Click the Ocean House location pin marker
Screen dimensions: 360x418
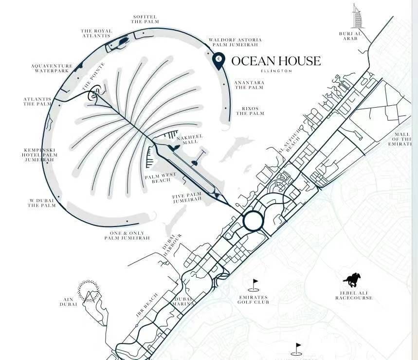pos(219,59)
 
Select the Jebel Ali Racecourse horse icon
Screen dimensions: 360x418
pos(352,280)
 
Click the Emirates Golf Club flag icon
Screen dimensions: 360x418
pos(254,284)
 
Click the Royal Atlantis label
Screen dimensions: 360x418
pos(96,34)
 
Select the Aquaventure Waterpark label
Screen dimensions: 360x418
pos(52,69)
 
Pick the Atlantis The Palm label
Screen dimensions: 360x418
pos(37,101)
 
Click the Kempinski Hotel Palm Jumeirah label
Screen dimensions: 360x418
pos(41,155)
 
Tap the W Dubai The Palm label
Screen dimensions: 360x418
pos(41,203)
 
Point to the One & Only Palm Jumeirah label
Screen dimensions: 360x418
pos(127,236)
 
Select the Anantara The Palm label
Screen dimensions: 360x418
pos(249,85)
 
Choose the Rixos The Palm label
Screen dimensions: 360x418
pos(250,111)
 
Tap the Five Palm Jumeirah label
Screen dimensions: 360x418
pos(187,198)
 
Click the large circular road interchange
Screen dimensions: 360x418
pos(253,221)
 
